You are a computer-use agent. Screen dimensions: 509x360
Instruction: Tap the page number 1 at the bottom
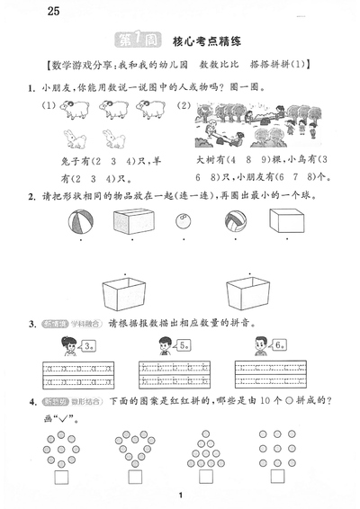point(181,496)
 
